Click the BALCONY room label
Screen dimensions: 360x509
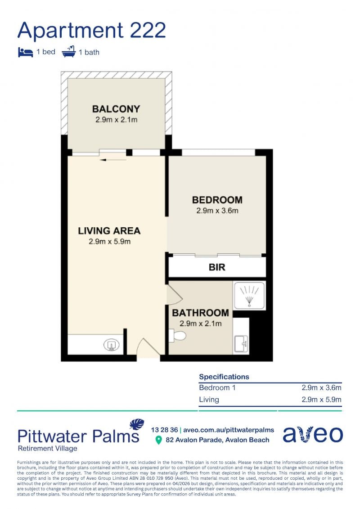116,109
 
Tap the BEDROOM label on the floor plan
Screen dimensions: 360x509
217,200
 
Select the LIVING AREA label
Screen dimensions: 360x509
109,231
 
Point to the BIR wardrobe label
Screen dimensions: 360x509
217,267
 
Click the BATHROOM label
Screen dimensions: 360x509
200,313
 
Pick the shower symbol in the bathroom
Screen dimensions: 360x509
249,295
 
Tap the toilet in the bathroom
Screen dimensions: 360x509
177,335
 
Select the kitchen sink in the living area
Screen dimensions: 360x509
111,345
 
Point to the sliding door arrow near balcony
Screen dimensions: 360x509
112,160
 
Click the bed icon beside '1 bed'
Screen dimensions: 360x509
25,52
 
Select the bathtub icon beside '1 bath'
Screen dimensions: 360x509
68,52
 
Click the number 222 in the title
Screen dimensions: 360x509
148,30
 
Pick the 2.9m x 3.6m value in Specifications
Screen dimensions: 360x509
321,387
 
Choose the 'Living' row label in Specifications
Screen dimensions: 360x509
209,400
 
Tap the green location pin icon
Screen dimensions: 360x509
158,440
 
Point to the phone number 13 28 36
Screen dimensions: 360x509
164,430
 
